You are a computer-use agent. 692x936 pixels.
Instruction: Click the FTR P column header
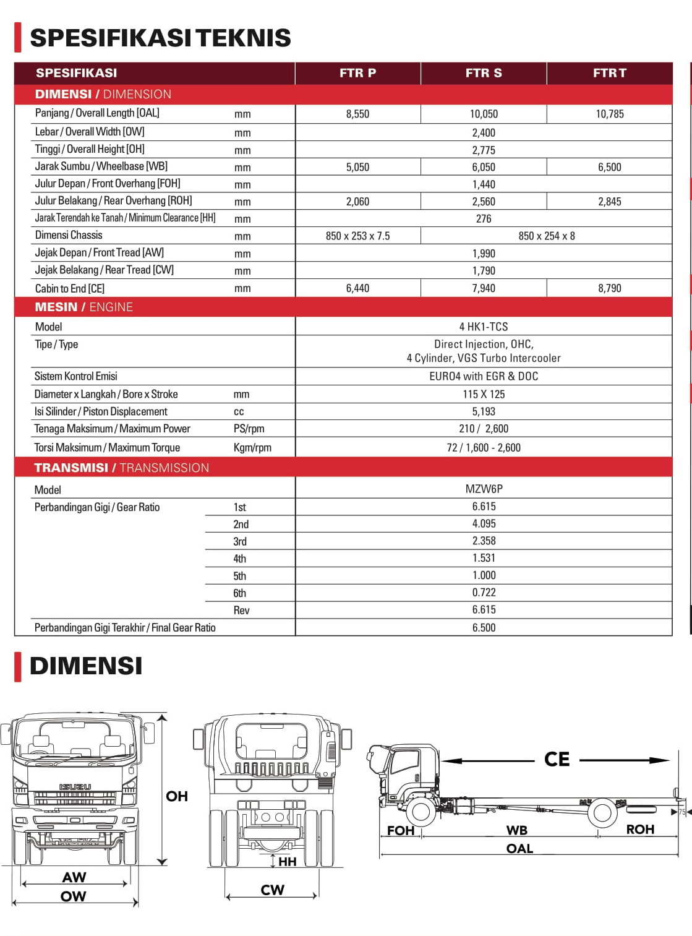pyautogui.click(x=357, y=73)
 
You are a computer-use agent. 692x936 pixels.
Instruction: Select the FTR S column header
pyautogui.click(x=484, y=73)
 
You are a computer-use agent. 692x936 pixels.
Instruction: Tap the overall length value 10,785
pyautogui.click(x=610, y=114)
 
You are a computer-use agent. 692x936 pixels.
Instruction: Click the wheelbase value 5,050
pyautogui.click(x=357, y=167)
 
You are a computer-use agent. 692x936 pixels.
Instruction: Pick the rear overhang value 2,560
pyautogui.click(x=484, y=202)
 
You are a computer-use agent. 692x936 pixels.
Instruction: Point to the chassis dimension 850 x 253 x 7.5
pyautogui.click(x=357, y=236)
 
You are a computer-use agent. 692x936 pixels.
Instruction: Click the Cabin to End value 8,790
pyautogui.click(x=610, y=288)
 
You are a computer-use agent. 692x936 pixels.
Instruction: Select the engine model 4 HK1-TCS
pyautogui.click(x=484, y=327)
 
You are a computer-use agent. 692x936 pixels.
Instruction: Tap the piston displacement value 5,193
pyautogui.click(x=484, y=411)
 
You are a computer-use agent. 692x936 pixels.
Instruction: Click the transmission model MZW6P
pyautogui.click(x=484, y=489)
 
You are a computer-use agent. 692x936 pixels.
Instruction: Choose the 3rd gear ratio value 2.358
pyautogui.click(x=484, y=541)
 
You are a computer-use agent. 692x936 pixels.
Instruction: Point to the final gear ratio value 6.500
pyautogui.click(x=484, y=627)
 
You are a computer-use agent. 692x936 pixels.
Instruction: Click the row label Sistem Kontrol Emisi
pyautogui.click(x=75, y=376)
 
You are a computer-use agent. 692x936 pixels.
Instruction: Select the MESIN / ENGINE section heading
pyautogui.click(x=84, y=307)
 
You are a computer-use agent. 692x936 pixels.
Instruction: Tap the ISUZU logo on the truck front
pyautogui.click(x=75, y=787)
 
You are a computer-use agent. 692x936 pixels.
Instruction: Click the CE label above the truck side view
pyautogui.click(x=557, y=759)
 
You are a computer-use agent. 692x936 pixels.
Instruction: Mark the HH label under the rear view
pyautogui.click(x=287, y=862)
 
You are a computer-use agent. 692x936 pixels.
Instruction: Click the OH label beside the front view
pyautogui.click(x=177, y=796)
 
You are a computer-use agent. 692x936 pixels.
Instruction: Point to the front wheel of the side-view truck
pyautogui.click(x=421, y=812)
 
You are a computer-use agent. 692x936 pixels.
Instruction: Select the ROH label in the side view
pyautogui.click(x=640, y=829)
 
